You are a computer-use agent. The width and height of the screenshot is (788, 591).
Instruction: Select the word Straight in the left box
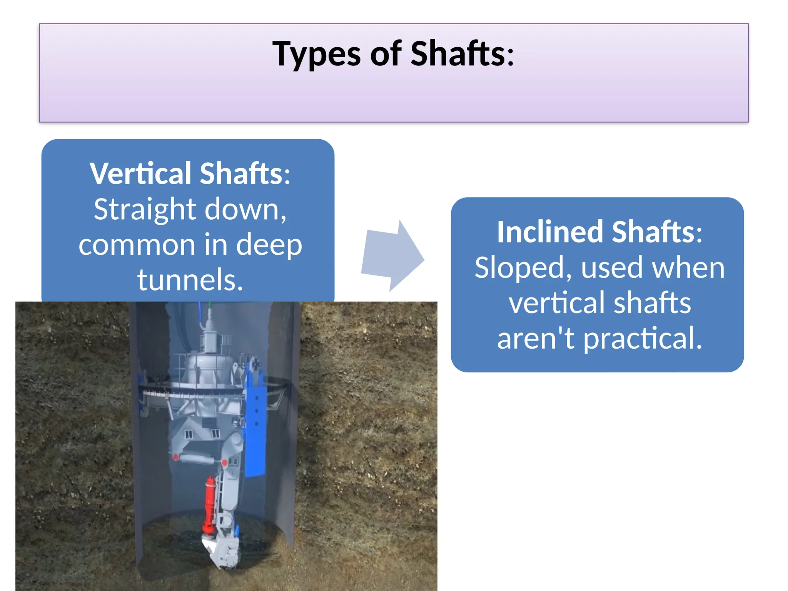(145, 210)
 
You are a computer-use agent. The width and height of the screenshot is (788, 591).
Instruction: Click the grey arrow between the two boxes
(392, 255)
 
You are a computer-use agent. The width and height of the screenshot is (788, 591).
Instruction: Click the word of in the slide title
(386, 54)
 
